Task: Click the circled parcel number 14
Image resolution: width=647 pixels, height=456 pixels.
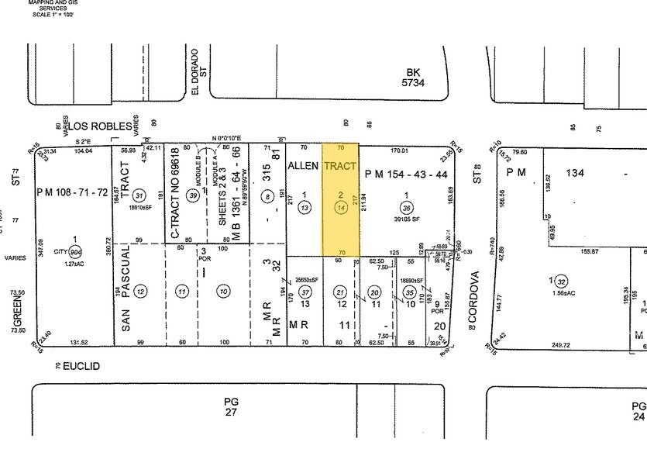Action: click(x=340, y=207)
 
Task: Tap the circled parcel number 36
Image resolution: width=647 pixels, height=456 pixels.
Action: click(x=406, y=207)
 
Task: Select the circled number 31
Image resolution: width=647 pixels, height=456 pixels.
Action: click(x=140, y=195)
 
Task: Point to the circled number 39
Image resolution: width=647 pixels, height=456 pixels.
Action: click(x=193, y=198)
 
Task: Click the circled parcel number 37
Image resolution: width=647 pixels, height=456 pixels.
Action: click(x=305, y=292)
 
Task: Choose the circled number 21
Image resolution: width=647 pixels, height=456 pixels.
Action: click(x=340, y=292)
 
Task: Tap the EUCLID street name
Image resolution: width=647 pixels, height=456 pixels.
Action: click(x=84, y=364)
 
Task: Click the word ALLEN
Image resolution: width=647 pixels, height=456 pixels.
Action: click(x=303, y=167)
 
